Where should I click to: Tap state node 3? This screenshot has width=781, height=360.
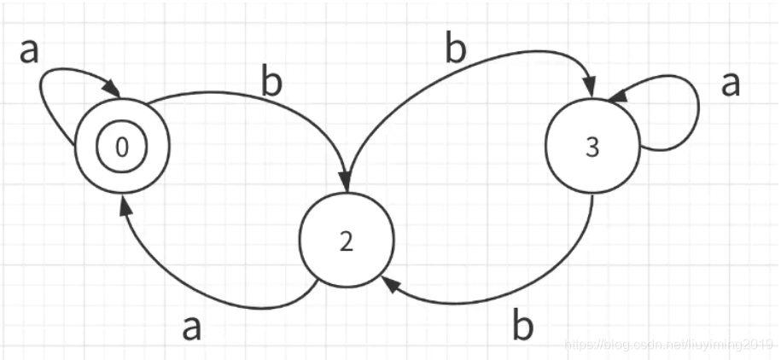592,147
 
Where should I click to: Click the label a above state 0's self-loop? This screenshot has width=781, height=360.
30,51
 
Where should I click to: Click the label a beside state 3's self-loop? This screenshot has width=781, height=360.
731,85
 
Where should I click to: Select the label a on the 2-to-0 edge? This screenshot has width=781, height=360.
193,327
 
